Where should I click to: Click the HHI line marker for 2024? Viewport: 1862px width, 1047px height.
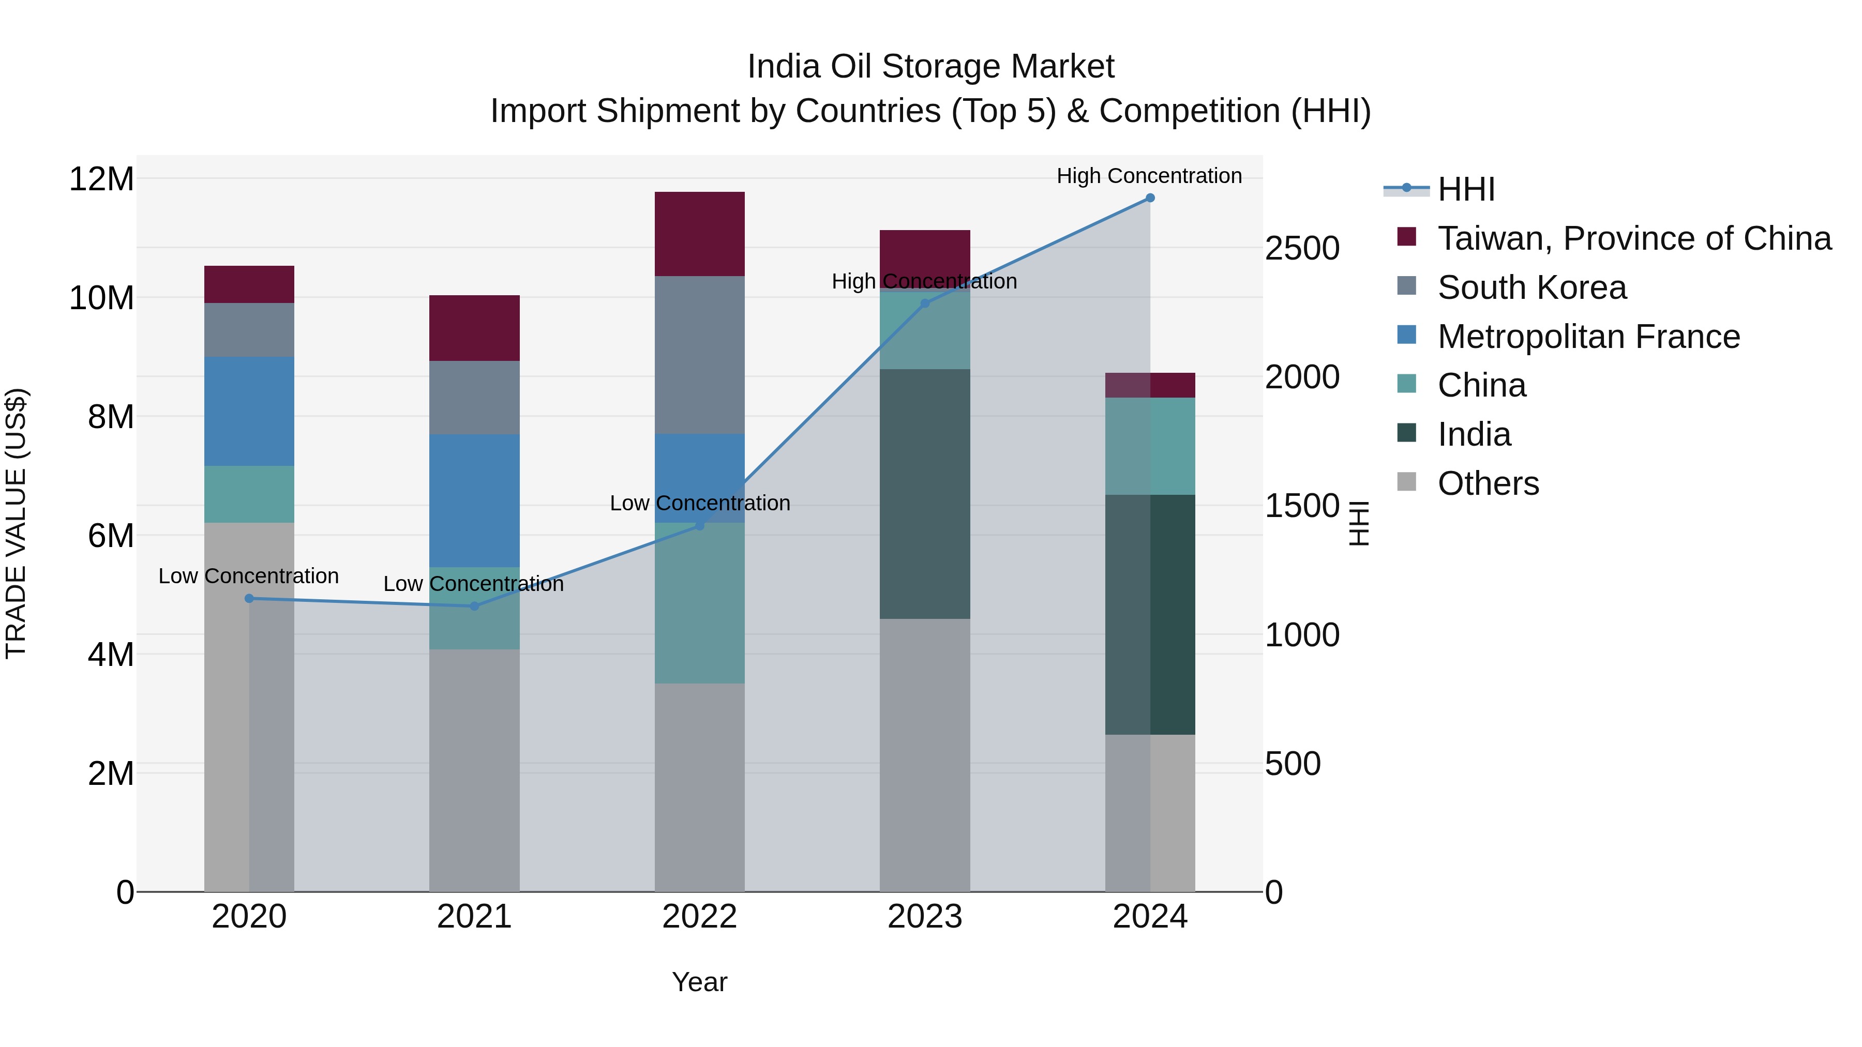pos(1149,198)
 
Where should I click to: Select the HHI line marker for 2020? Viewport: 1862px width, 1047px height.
pos(249,598)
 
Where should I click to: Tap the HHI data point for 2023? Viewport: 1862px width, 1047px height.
pos(924,304)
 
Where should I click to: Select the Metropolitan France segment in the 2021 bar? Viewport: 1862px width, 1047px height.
pos(474,500)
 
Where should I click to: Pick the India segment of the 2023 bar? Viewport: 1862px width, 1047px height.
pos(924,494)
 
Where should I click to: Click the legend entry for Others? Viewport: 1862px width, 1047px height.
pos(1488,483)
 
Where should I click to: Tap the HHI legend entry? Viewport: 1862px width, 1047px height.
pos(1465,189)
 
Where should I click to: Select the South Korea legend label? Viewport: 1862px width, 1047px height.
pos(1531,287)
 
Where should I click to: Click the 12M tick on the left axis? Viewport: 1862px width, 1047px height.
pos(101,178)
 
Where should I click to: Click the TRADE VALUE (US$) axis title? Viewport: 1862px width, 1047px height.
pos(16,523)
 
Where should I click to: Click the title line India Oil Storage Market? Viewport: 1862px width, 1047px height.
pos(930,67)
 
